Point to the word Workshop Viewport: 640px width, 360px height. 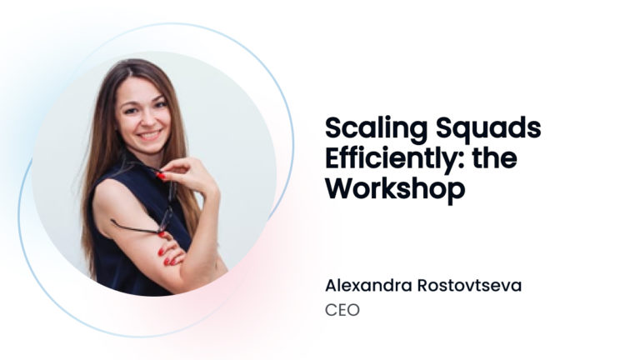click(395, 188)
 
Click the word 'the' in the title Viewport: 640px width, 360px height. click(495, 158)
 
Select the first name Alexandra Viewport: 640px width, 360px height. click(368, 285)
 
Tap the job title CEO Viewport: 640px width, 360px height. click(342, 310)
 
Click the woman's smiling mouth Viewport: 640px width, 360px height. click(150, 134)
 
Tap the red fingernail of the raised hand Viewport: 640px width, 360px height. click(161, 176)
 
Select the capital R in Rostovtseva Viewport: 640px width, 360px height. click(422, 285)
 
